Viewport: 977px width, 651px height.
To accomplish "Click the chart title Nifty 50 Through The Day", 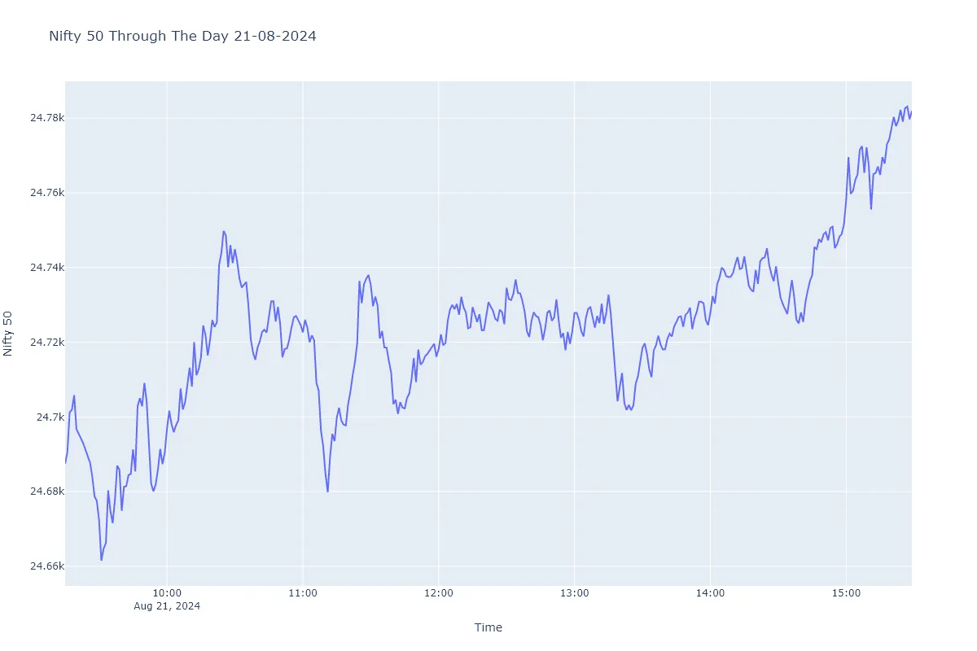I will pos(182,36).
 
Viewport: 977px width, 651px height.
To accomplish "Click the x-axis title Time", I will pos(488,627).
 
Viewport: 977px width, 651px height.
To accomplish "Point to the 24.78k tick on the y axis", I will pos(46,118).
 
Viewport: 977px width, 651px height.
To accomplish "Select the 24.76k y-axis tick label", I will pos(46,193).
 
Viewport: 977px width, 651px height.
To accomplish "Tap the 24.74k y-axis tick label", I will pos(46,268).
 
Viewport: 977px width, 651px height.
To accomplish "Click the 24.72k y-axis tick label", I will pos(46,343).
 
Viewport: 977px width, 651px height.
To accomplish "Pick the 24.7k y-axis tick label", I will pos(50,417).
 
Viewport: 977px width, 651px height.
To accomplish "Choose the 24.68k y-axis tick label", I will pos(46,492).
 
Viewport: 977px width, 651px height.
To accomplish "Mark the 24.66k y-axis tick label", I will pos(46,566).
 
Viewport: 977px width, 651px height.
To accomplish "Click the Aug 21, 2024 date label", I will pos(167,607).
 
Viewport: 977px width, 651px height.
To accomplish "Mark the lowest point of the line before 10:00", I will pos(102,560).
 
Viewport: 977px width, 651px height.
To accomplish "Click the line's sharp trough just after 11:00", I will pos(327,492).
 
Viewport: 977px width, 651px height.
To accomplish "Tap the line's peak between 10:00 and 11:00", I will pos(223,231).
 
